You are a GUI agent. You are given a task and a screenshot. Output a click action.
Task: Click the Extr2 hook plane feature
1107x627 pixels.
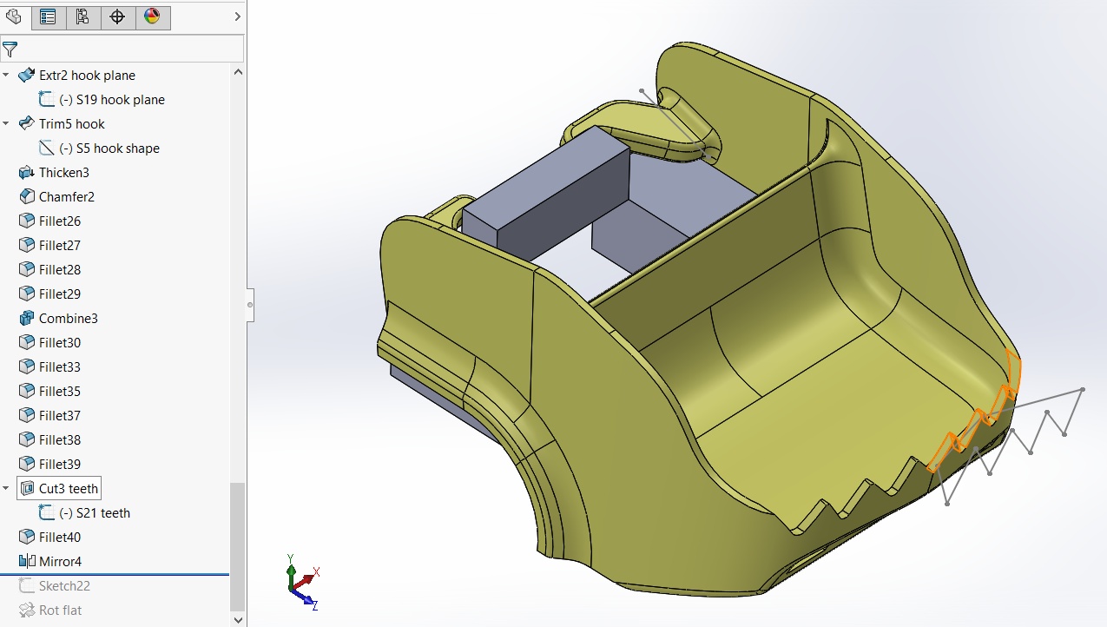[87, 76]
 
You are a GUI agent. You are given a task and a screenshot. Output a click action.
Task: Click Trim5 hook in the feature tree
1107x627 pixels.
[71, 124]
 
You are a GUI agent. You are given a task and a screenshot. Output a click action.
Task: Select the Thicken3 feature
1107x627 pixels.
[63, 173]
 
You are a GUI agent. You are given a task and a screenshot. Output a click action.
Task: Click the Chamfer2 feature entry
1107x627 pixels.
[66, 197]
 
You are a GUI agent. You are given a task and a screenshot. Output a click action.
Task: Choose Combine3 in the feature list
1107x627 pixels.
[68, 319]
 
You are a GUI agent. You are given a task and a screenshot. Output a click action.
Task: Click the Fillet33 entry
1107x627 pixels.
[59, 367]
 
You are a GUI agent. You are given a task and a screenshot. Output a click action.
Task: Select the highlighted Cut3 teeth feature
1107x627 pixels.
[68, 489]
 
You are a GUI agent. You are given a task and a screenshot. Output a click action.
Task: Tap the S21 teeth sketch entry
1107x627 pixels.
[102, 513]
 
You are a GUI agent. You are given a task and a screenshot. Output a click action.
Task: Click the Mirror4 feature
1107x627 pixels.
[59, 562]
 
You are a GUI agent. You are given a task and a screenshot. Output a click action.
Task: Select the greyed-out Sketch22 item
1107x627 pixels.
[63, 586]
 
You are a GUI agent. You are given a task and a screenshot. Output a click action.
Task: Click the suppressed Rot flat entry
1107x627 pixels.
[60, 610]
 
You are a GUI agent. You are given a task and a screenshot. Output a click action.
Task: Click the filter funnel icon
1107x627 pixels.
[10, 49]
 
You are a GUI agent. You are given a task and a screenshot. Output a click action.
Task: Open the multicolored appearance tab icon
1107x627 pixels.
[152, 16]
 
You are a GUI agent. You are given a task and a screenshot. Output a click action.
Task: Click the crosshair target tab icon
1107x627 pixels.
[117, 16]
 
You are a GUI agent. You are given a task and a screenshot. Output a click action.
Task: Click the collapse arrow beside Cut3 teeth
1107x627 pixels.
[6, 489]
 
